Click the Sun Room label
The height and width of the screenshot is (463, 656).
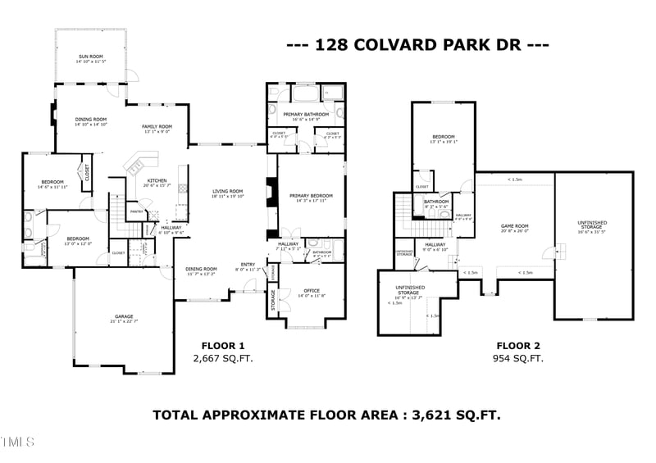[91, 57]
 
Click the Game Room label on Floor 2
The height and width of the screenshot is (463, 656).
[515, 228]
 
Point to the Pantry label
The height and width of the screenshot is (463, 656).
[137, 211]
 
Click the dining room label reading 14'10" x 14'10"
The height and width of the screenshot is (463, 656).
[91, 121]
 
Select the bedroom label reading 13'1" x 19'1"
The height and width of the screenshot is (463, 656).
[443, 138]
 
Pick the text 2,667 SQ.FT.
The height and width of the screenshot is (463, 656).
[218, 359]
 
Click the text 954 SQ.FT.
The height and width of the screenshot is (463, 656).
[518, 359]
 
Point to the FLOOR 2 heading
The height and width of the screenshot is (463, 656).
[518, 346]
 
